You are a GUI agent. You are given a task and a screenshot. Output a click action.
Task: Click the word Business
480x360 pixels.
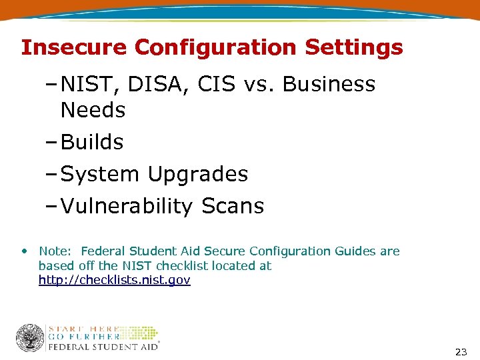(329, 85)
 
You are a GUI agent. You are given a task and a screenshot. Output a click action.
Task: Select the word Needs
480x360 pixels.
(93, 110)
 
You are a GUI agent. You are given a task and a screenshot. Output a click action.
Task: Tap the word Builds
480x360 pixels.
(92, 142)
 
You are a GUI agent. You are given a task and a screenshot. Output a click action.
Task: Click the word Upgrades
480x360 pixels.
(198, 174)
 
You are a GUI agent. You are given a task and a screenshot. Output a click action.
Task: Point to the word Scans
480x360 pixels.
(233, 206)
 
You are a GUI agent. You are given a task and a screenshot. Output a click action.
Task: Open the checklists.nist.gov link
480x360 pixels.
(114, 280)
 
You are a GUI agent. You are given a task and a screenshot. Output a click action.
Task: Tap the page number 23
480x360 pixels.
(461, 352)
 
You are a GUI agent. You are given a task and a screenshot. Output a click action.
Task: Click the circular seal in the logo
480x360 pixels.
(30, 338)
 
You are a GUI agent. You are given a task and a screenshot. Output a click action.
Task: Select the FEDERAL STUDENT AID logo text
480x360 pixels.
(103, 347)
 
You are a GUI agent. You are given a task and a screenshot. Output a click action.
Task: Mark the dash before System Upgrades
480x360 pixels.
(53, 174)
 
